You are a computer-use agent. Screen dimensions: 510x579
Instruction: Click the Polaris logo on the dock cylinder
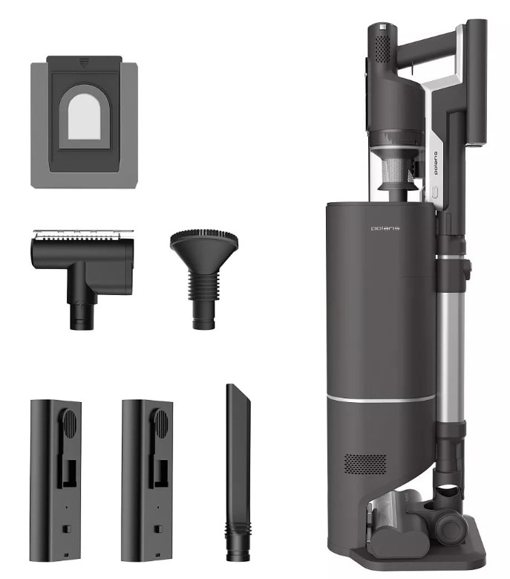tap(385, 228)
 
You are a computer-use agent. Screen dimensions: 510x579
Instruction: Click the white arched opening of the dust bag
tap(85, 117)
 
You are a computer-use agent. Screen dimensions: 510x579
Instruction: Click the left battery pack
tap(56, 480)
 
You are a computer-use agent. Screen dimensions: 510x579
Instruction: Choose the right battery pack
tap(148, 480)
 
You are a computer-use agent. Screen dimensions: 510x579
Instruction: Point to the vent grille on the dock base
tap(365, 464)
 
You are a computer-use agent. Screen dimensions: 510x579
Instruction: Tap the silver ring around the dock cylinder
tap(381, 399)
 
